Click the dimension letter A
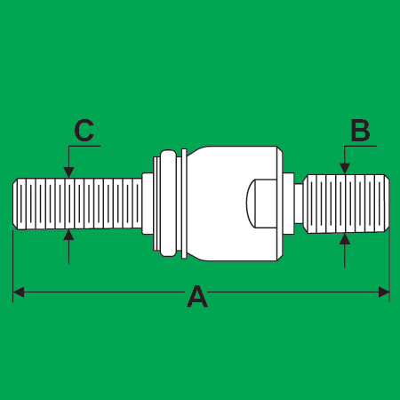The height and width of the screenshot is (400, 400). (197, 296)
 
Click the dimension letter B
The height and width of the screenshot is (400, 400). (360, 131)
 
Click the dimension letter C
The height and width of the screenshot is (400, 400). (84, 131)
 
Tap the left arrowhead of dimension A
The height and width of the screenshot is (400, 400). (19, 292)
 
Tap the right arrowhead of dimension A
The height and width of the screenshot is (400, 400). (384, 292)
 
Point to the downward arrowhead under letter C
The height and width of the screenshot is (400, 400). (68, 172)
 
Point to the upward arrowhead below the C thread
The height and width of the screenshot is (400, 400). (68, 235)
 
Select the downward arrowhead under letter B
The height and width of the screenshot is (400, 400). (345, 168)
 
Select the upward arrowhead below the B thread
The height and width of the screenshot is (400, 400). (345, 239)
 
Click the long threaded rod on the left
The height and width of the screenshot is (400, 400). (77, 204)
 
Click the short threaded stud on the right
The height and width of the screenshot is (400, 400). (346, 204)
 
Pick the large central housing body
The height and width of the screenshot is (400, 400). (234, 204)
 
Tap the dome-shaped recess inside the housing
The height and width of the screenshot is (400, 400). (262, 204)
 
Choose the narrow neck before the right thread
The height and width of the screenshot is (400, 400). (299, 204)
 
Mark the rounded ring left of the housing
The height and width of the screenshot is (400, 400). (168, 204)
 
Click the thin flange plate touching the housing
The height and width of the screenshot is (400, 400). (184, 204)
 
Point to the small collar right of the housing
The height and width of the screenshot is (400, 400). (289, 204)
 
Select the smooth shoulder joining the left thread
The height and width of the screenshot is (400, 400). (148, 204)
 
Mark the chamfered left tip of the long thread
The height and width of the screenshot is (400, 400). (15, 204)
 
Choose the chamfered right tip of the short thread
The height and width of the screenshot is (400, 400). (387, 204)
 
